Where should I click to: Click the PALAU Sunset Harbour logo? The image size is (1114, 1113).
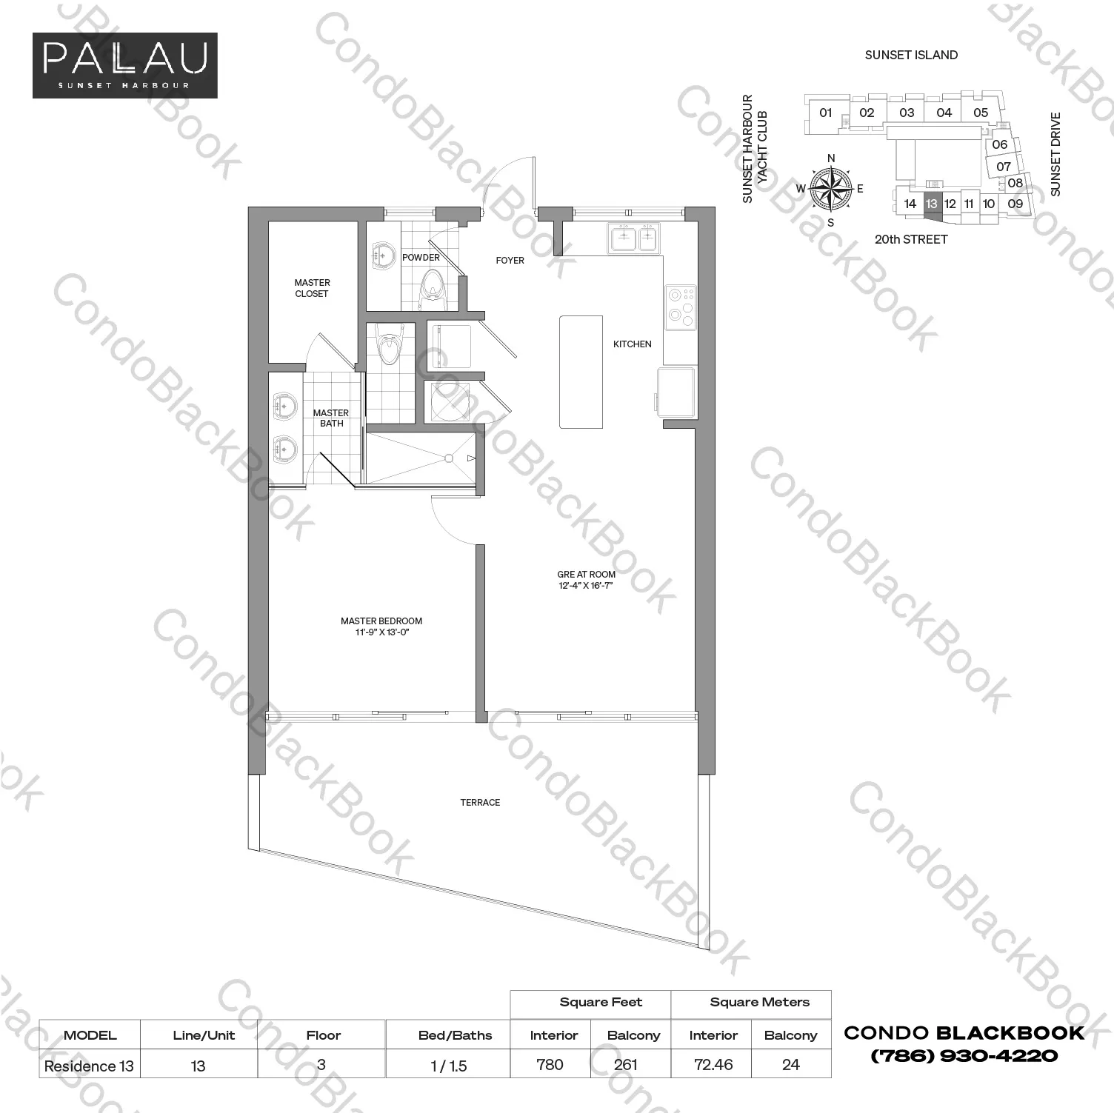pyautogui.click(x=125, y=65)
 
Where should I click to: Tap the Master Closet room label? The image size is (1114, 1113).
pyautogui.click(x=312, y=288)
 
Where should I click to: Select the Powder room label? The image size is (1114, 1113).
pyautogui.click(x=421, y=258)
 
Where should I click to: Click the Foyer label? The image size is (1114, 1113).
pyautogui.click(x=510, y=261)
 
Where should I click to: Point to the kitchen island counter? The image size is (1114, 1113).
pyautogui.click(x=581, y=372)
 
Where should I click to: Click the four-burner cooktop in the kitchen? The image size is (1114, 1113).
pyautogui.click(x=680, y=307)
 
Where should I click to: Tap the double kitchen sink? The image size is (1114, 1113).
pyautogui.click(x=634, y=237)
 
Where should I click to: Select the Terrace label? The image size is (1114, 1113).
pyautogui.click(x=480, y=803)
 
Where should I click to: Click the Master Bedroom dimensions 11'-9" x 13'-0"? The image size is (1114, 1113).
pyautogui.click(x=382, y=632)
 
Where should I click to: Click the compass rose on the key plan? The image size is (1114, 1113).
pyautogui.click(x=831, y=189)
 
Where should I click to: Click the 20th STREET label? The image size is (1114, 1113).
pyautogui.click(x=911, y=240)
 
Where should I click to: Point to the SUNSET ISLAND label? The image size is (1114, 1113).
pyautogui.click(x=911, y=55)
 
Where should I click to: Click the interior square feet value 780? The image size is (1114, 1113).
pyautogui.click(x=550, y=1065)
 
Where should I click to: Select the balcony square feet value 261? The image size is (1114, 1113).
pyautogui.click(x=626, y=1065)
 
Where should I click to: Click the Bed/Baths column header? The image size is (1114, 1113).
pyautogui.click(x=455, y=1035)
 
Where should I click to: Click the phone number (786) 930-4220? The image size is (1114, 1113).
pyautogui.click(x=964, y=1056)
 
